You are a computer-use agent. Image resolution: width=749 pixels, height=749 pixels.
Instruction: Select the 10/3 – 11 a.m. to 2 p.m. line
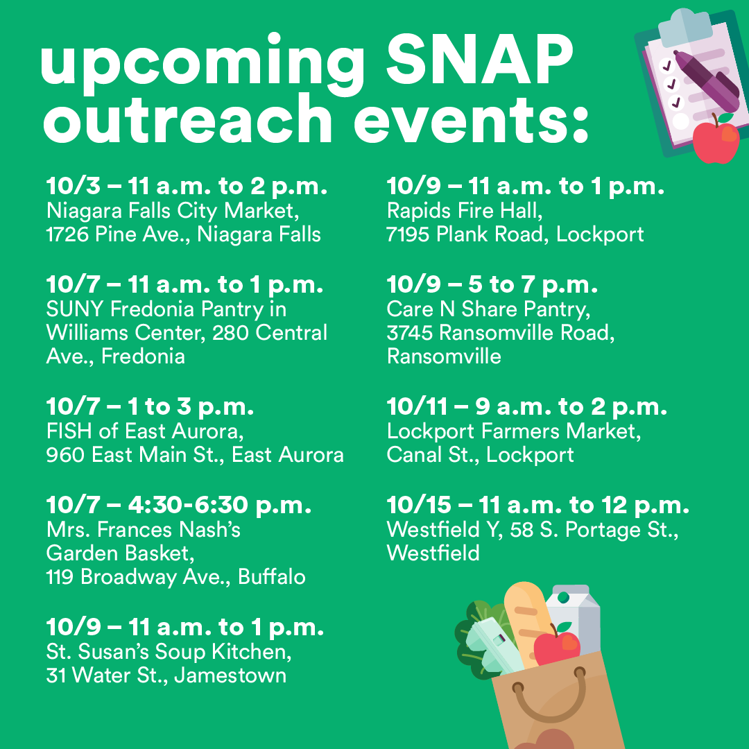(187, 187)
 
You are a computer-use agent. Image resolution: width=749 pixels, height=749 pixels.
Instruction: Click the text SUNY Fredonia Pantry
(166, 309)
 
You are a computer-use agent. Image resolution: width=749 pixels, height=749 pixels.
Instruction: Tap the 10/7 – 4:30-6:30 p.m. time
(178, 506)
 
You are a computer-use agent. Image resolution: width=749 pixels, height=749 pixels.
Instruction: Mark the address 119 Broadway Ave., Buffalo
(175, 577)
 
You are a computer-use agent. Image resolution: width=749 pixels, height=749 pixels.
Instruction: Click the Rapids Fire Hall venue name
(464, 210)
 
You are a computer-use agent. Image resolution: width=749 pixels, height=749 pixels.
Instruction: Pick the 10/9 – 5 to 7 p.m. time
(492, 284)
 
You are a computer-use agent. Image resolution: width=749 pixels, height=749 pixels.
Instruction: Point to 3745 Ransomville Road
(500, 333)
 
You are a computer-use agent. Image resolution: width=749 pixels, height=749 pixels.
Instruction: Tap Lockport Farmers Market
(513, 431)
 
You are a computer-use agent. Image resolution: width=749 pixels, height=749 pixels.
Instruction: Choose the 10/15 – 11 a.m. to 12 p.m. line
(537, 506)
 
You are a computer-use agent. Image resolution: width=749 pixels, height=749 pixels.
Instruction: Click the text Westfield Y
(445, 530)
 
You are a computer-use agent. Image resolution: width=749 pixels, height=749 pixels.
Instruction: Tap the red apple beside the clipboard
(716, 140)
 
